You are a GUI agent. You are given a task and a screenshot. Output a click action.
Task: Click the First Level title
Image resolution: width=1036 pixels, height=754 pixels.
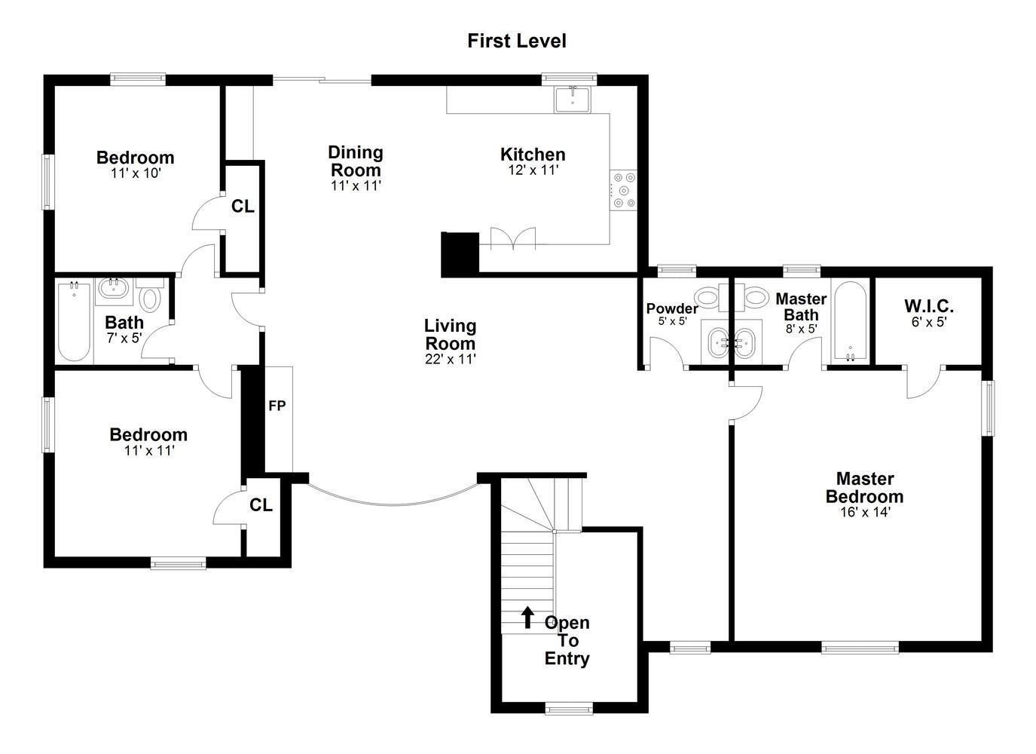(517, 41)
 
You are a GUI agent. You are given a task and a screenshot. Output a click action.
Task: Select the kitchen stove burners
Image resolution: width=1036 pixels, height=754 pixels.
(624, 190)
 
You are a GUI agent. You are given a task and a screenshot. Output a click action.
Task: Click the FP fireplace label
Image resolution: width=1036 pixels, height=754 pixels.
(277, 406)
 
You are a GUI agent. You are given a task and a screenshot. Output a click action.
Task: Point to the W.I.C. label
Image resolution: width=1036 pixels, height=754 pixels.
(929, 306)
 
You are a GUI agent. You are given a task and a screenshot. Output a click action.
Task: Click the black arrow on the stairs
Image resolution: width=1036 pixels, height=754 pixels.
(527, 618)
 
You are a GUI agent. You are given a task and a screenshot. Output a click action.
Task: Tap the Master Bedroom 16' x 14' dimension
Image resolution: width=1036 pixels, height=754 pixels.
(865, 512)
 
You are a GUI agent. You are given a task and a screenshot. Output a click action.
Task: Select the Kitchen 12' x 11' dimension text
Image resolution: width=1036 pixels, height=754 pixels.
(533, 170)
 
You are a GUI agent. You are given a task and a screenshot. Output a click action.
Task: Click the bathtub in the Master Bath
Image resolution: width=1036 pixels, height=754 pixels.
(851, 320)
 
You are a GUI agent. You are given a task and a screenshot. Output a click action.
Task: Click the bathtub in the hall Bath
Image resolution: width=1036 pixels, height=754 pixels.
(74, 321)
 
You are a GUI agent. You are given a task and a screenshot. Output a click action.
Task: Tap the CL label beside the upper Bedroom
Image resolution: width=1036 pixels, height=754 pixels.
(243, 207)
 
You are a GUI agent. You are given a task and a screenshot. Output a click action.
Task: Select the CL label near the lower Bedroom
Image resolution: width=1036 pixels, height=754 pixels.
(261, 505)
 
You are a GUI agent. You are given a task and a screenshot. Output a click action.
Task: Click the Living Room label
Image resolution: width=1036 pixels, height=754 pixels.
(451, 335)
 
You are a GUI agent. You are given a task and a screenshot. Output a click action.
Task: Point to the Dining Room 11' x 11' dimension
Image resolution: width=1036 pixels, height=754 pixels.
(356, 185)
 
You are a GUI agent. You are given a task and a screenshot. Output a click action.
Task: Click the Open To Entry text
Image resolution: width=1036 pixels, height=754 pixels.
(567, 641)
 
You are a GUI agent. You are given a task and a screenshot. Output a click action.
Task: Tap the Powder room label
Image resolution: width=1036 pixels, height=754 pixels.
(672, 308)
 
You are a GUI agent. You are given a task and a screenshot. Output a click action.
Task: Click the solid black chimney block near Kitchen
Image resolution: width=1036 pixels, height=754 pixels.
(460, 254)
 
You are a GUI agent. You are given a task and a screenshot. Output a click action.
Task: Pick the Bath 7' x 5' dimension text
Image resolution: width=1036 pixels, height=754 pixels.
(124, 339)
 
